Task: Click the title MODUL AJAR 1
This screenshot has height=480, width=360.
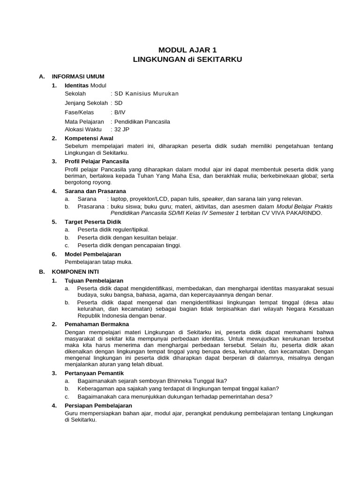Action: pyautogui.click(x=187, y=50)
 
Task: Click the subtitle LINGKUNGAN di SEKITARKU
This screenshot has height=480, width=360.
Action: pyautogui.click(x=187, y=60)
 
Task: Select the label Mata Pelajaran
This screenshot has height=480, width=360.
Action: pyautogui.click(x=84, y=122)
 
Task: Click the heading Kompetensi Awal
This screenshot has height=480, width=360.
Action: pyautogui.click(x=89, y=138)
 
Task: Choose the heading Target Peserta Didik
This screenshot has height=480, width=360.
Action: pyautogui.click(x=93, y=222)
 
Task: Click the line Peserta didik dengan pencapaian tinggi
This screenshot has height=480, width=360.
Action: pyautogui.click(x=129, y=245)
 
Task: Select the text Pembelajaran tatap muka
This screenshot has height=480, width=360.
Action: pyautogui.click(x=98, y=262)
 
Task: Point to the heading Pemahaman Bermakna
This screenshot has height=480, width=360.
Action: pyautogui.click(x=97, y=324)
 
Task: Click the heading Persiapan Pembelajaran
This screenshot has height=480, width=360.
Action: pyautogui.click(x=98, y=405)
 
